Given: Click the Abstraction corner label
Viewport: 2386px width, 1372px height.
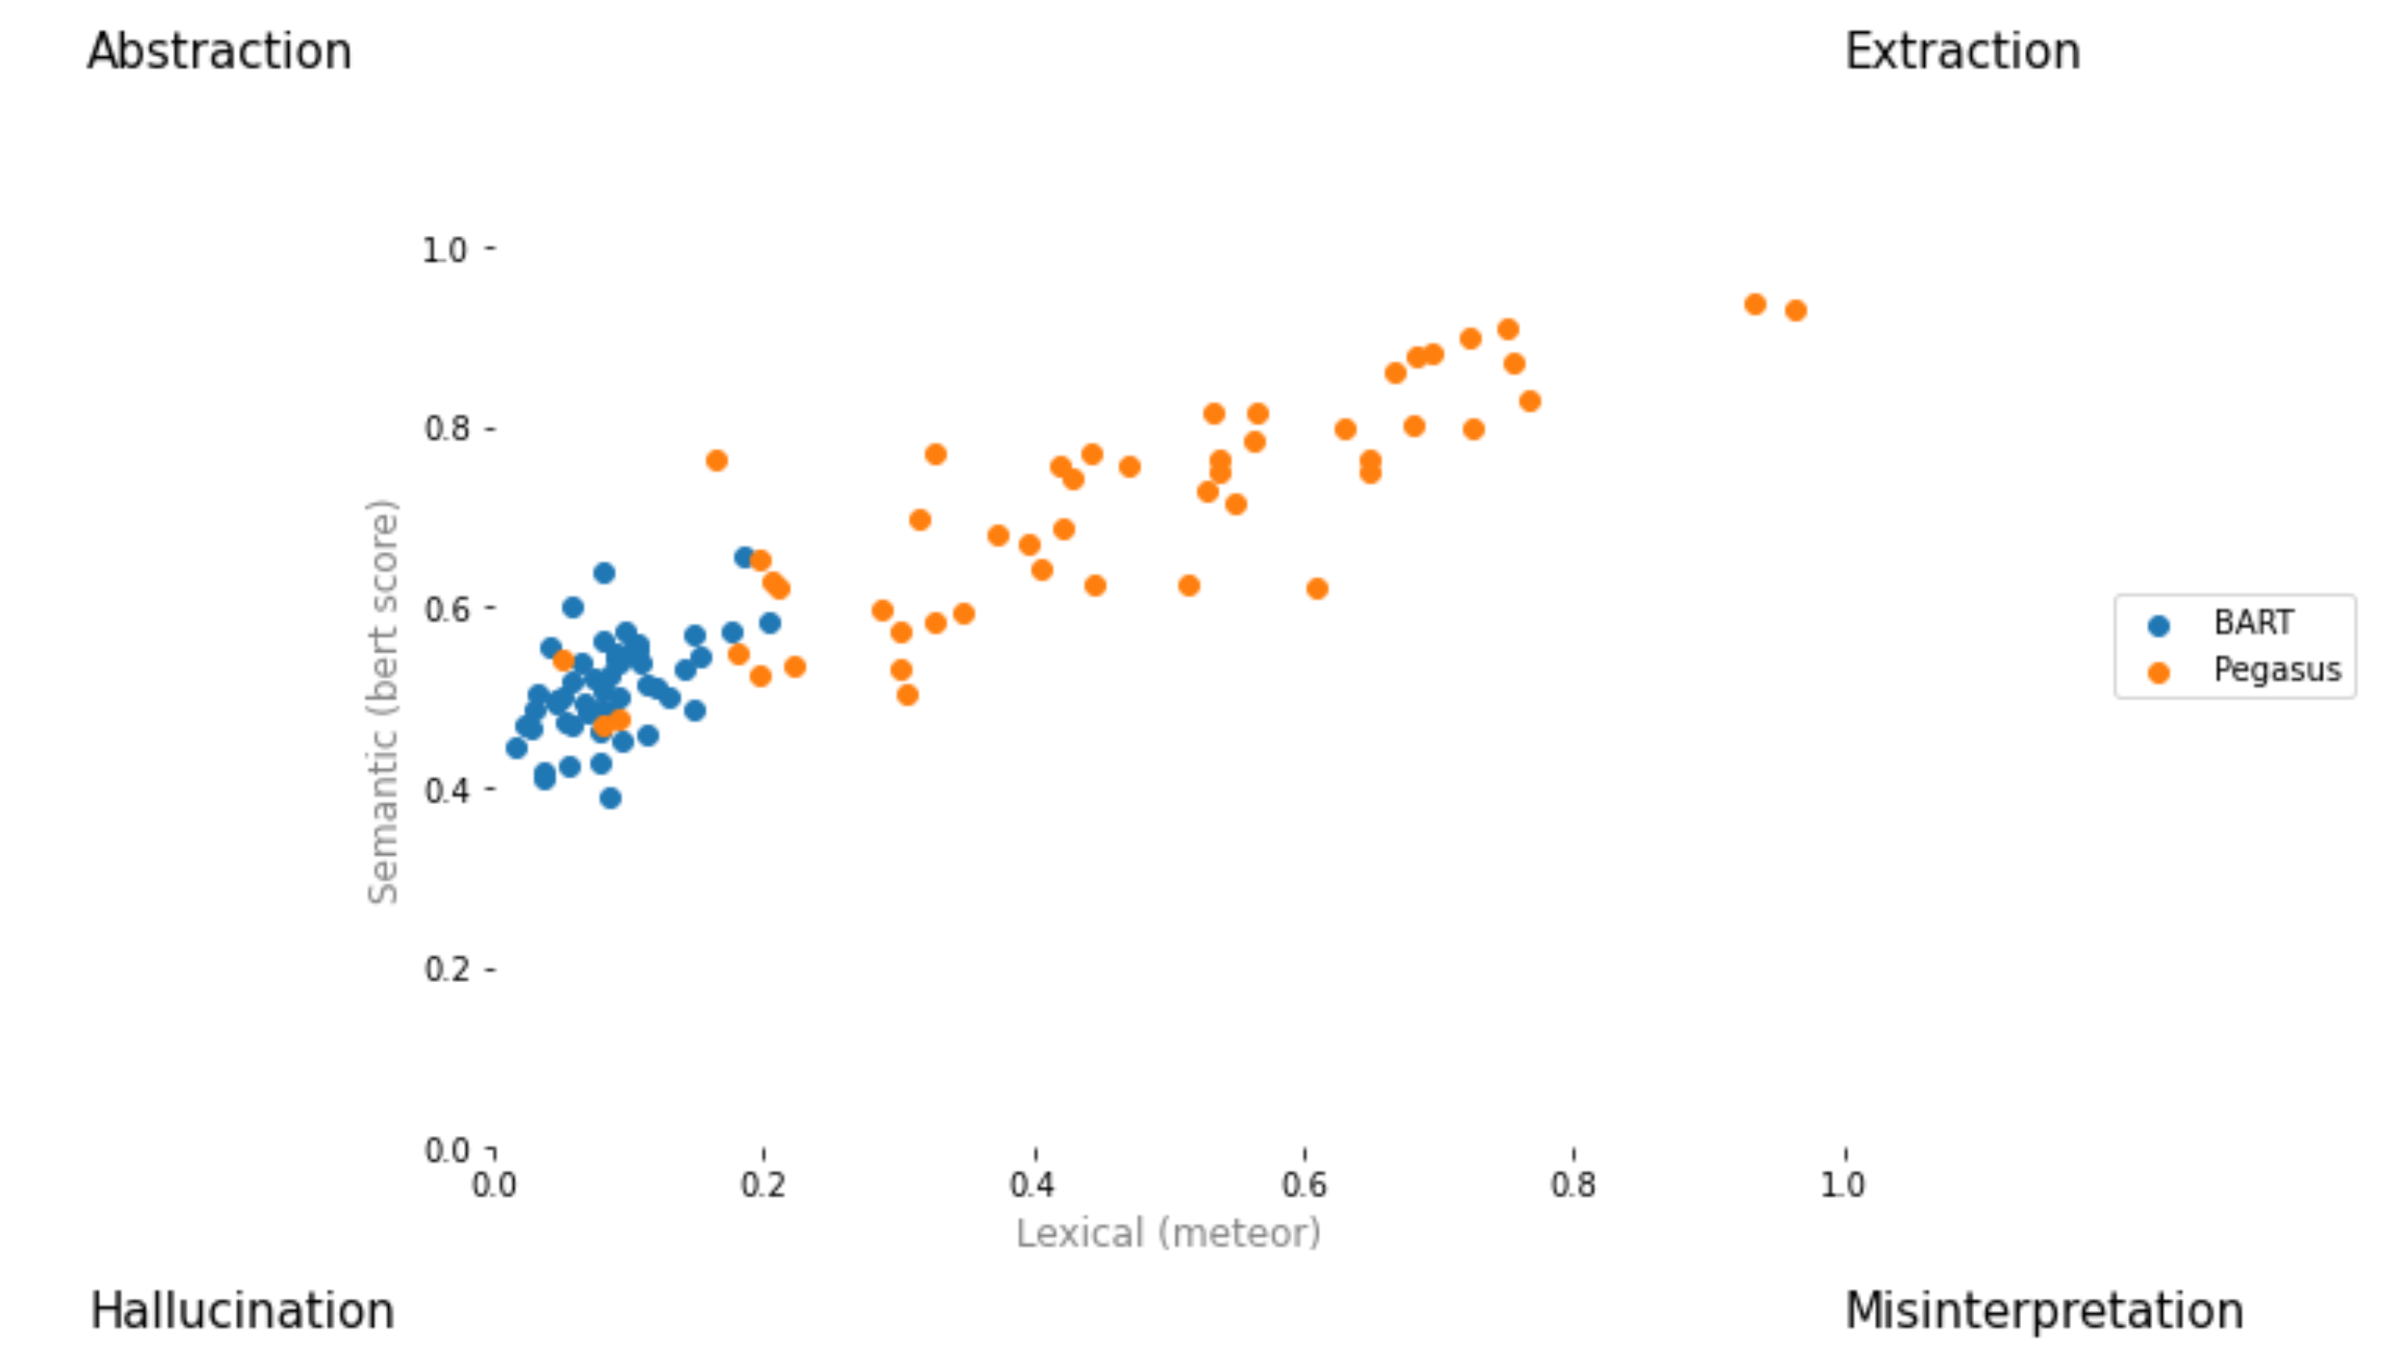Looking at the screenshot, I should [x=220, y=52].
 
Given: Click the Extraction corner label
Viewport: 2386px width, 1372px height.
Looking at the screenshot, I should [x=1962, y=52].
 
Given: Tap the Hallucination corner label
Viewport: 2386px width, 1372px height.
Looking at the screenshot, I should [x=242, y=1311].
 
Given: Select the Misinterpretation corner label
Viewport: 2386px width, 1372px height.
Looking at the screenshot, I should [x=2043, y=1311].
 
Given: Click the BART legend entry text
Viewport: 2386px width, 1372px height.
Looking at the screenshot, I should [x=2253, y=623].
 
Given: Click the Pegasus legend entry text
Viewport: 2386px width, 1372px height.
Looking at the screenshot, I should [x=2276, y=669].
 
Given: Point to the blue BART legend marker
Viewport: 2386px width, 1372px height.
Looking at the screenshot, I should [x=2159, y=626].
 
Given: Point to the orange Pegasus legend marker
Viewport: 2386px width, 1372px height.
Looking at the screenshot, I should [x=2159, y=673].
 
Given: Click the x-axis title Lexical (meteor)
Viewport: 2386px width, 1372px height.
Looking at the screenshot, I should [x=1168, y=1233].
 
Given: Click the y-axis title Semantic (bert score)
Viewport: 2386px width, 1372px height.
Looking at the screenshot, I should [x=383, y=702].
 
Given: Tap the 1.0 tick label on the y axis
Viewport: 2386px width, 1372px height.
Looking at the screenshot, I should [x=445, y=250].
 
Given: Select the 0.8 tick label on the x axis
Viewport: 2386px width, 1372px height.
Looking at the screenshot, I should [x=1572, y=1185].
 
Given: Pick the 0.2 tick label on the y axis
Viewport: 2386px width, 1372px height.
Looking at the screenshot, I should [x=445, y=970].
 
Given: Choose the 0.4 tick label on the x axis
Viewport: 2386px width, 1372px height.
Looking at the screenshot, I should [x=1033, y=1185].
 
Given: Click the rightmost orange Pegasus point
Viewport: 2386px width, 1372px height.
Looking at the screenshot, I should [x=1796, y=310].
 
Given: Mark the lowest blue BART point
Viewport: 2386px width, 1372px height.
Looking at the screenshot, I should [x=609, y=798].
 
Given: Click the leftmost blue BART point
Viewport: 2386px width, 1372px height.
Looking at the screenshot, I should [x=516, y=748].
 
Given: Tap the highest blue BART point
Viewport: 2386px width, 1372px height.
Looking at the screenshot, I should [x=744, y=557].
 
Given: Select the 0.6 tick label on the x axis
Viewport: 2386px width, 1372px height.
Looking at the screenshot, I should [x=1304, y=1185].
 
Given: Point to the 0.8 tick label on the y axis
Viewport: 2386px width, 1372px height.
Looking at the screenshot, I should [x=445, y=429].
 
